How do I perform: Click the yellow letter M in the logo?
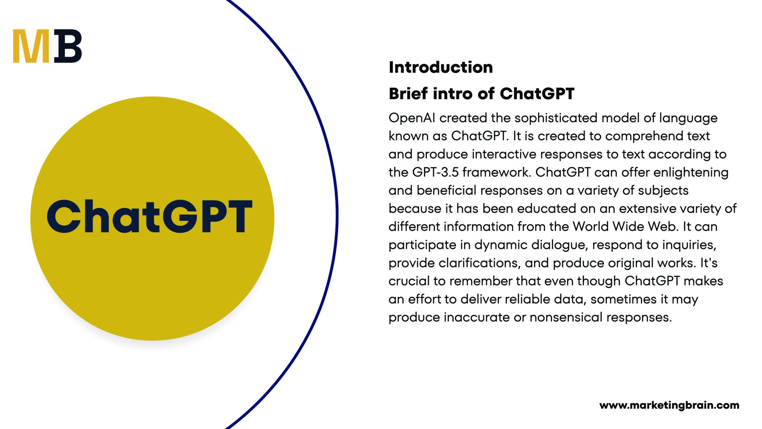point(31,46)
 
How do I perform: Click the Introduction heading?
point(441,67)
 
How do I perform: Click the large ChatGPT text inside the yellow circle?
point(150,216)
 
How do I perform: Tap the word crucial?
point(409,281)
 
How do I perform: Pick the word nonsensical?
point(566,318)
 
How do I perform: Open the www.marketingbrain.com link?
point(669,405)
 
